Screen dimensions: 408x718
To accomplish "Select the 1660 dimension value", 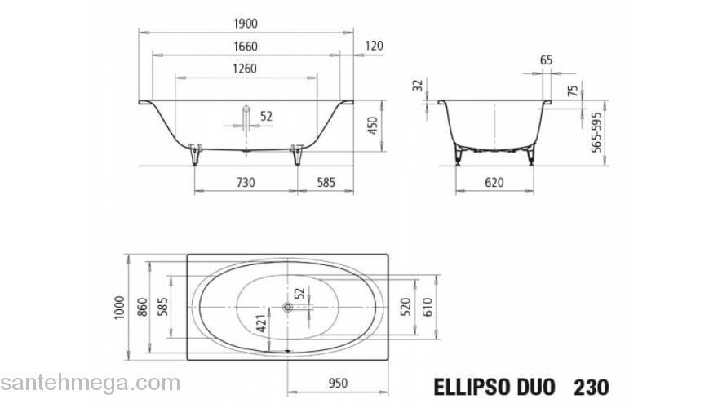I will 245,47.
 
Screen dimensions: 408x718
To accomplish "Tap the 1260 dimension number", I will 245,69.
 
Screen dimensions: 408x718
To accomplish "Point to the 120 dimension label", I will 374,47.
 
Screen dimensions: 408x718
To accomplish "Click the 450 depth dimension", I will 373,126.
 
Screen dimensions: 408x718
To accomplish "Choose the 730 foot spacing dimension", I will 245,183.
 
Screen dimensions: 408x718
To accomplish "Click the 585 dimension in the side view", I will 325,183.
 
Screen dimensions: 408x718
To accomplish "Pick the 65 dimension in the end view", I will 547,60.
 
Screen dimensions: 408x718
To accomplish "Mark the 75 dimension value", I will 572,90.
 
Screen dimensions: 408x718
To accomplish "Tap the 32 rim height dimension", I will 419,85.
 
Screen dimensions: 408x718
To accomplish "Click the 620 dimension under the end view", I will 494,183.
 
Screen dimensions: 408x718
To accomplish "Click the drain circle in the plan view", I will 287,308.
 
